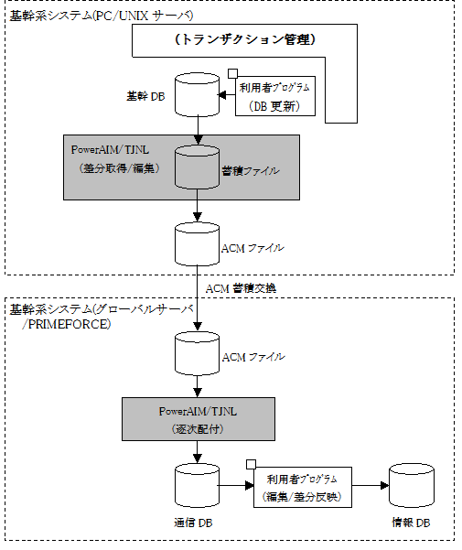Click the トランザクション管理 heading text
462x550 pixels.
point(245,39)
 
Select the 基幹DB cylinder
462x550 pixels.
point(197,94)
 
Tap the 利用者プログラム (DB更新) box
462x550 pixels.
point(275,96)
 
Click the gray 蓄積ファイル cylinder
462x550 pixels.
point(197,167)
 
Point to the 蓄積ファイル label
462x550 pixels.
point(251,171)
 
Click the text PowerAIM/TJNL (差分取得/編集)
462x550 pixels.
point(115,159)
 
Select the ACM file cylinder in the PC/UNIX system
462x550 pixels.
point(197,243)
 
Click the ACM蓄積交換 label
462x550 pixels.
point(241,288)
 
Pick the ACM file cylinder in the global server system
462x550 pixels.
point(197,353)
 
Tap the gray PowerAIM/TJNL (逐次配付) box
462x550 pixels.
point(199,419)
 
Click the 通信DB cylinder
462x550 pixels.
point(197,485)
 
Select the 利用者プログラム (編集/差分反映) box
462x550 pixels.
point(303,487)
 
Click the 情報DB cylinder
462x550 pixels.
point(412,485)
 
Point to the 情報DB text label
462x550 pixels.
point(411,523)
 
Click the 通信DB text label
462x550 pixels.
point(193,523)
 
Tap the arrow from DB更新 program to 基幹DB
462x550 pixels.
point(227,94)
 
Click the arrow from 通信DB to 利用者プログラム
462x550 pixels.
point(235,485)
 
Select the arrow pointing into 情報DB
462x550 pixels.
point(371,485)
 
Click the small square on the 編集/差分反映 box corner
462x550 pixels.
point(251,464)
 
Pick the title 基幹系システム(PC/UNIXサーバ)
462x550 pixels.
point(102,16)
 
